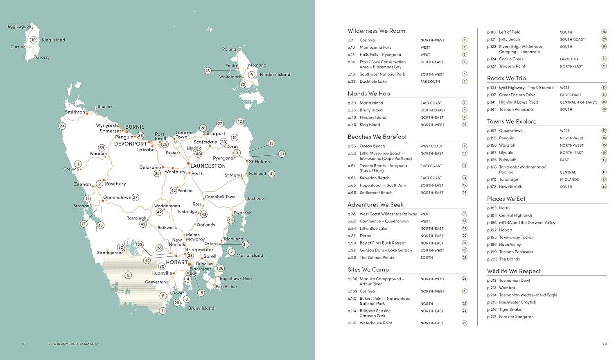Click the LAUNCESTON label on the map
208,166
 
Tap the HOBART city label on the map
176,262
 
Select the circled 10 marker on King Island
34,40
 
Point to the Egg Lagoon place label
19,26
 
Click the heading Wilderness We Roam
376,31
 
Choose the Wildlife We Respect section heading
514,271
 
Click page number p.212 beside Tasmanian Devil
491,281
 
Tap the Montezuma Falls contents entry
375,48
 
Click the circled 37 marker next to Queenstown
135,197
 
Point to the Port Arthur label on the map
226,287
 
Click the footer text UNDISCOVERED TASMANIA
73,344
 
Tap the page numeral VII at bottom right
604,344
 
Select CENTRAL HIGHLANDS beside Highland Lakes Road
578,102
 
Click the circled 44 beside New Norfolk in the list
604,187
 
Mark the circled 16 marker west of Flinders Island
208,71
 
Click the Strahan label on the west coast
81,206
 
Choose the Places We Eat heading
506,199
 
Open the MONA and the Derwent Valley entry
527,223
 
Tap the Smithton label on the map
75,112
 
